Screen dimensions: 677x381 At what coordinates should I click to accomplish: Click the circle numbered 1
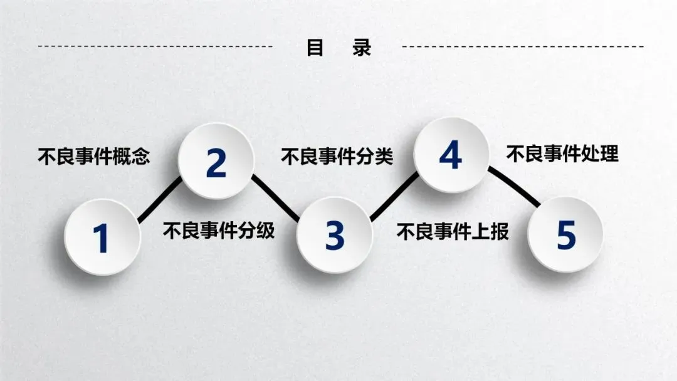tap(102, 237)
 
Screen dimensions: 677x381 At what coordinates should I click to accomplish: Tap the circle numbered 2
tap(216, 162)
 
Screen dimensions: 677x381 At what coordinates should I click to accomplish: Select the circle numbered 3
tap(334, 236)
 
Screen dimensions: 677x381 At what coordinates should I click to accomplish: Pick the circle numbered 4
tap(451, 155)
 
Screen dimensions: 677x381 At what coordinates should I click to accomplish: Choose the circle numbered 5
tap(565, 234)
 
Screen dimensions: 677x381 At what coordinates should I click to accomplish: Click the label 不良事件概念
tap(94, 156)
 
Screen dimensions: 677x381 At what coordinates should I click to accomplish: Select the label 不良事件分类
tap(337, 156)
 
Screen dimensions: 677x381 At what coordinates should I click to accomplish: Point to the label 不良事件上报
tap(452, 232)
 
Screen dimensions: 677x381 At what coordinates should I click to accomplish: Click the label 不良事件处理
tap(562, 154)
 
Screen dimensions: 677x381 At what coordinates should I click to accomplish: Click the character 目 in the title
tap(315, 48)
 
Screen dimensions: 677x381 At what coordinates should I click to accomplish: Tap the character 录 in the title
tap(362, 48)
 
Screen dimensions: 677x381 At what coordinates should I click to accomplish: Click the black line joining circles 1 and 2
tap(159, 200)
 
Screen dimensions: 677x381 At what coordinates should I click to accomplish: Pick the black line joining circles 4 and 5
tap(513, 186)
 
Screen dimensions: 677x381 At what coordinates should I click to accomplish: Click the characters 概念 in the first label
tap(132, 156)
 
